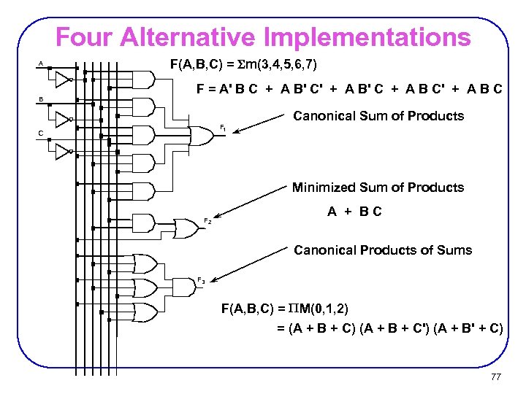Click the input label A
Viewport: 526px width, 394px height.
point(42,63)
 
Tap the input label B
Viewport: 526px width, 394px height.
point(42,100)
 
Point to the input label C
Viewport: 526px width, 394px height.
point(42,132)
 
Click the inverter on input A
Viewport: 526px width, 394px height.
point(63,78)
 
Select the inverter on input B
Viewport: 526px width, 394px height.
point(63,118)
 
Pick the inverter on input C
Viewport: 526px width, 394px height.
point(63,151)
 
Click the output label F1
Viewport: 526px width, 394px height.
point(224,128)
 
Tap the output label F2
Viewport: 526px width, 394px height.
point(208,220)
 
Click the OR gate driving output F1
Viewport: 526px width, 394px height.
point(199,135)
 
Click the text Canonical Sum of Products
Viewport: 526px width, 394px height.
point(378,116)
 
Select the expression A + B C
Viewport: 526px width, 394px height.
point(354,212)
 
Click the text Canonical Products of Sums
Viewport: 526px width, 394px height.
point(383,250)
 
